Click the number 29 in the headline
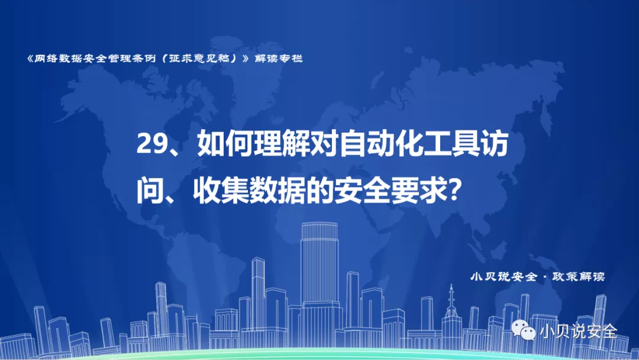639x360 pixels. click(x=151, y=144)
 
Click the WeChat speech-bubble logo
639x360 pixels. click(x=524, y=330)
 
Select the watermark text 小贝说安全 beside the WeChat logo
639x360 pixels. click(x=579, y=331)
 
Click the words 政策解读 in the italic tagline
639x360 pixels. click(x=579, y=277)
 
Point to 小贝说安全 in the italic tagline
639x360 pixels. click(x=504, y=277)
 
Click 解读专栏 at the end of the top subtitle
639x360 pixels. click(x=279, y=59)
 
